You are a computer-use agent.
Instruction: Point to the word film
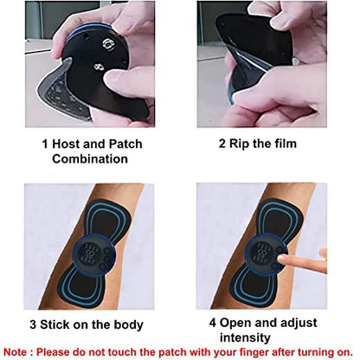click(292, 145)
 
